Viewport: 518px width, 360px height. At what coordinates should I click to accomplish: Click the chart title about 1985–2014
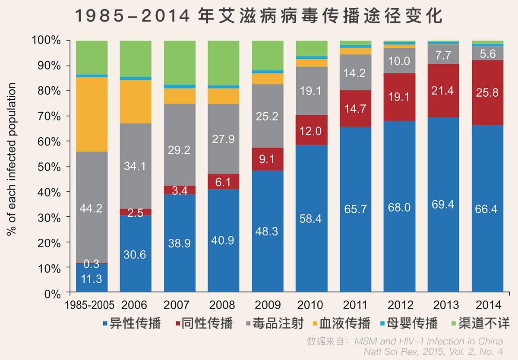click(259, 16)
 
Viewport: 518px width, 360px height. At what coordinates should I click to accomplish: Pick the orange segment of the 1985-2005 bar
click(92, 114)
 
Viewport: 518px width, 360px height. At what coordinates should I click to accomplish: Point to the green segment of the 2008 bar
click(223, 63)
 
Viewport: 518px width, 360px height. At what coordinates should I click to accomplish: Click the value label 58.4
click(311, 219)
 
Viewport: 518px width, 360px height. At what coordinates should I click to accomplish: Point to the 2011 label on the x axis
click(355, 305)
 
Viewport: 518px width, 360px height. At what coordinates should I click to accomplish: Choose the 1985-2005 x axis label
click(90, 305)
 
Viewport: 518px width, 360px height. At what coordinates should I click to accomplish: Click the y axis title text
click(12, 159)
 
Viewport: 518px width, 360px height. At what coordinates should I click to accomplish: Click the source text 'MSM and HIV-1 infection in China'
click(429, 341)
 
